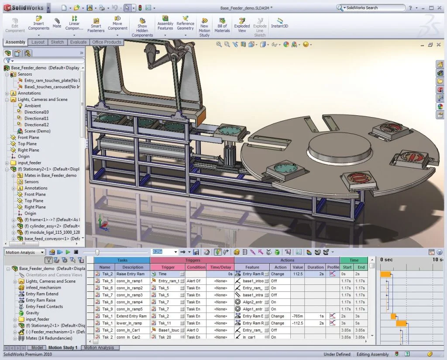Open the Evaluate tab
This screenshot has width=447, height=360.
[x=78, y=42]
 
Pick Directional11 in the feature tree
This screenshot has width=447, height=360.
[x=36, y=118]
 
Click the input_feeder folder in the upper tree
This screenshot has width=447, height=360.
[x=29, y=163]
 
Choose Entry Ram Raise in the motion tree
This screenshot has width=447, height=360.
[x=41, y=300]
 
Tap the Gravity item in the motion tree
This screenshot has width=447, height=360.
[x=32, y=313]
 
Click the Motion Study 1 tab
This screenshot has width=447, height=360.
[x=63, y=348]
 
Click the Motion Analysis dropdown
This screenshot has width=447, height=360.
[x=24, y=252]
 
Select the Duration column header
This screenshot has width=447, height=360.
[x=315, y=267]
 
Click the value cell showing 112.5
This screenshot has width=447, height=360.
[x=298, y=274]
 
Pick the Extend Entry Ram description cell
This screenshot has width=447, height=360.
[x=131, y=316]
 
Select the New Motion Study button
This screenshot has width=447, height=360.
[x=204, y=27]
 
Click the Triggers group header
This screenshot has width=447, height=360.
[x=192, y=260]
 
